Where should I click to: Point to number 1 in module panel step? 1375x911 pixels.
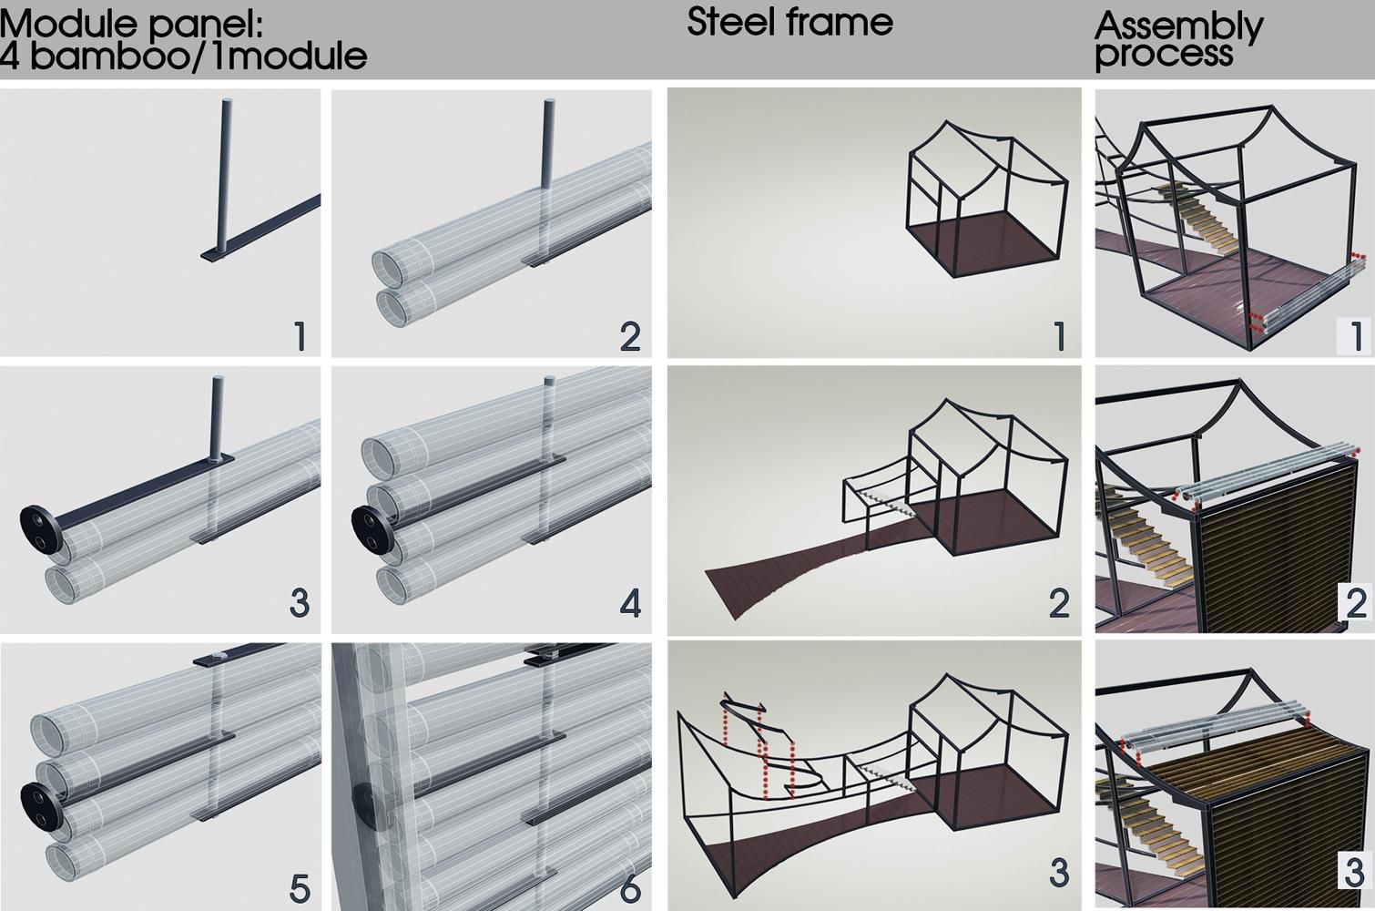coord(300,337)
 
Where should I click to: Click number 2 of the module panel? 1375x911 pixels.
coord(630,337)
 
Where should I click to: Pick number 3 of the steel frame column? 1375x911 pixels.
coord(1059,873)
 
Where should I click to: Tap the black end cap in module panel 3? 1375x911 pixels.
coord(40,529)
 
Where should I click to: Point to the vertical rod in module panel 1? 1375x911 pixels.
coord(225,175)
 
